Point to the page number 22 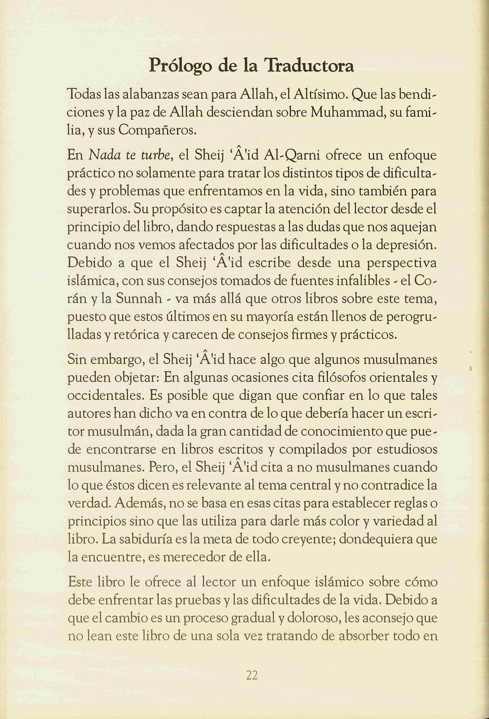click(251, 676)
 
